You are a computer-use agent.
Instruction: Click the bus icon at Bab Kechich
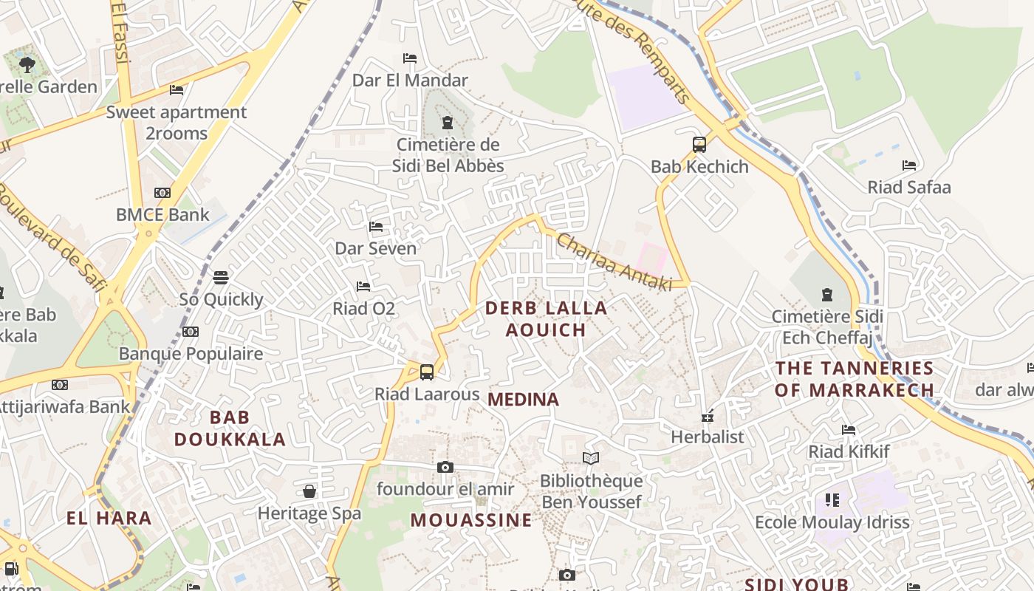[x=699, y=145]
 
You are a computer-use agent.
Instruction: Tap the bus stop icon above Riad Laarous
[x=426, y=372]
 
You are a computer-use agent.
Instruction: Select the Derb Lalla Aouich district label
[x=547, y=318]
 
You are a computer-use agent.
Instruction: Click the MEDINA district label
[x=524, y=400]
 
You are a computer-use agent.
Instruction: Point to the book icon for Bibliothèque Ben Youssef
[x=590, y=459]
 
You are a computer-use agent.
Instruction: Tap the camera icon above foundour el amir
[x=445, y=467]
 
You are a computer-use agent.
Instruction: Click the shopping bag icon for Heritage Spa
[x=309, y=491]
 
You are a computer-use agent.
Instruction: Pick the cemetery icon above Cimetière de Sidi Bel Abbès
[x=446, y=123]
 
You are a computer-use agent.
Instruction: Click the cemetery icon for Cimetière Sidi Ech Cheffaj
[x=827, y=295]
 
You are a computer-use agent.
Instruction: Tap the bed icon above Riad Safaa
[x=909, y=165]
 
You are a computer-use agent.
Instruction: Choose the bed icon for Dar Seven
[x=376, y=226]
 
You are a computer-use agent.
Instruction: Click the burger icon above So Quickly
[x=221, y=278]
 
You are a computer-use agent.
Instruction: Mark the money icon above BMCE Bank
[x=162, y=193]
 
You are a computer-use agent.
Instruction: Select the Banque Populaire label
[x=191, y=354]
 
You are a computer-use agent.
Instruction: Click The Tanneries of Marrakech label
[x=855, y=379]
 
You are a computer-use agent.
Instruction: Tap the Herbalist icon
[x=708, y=416]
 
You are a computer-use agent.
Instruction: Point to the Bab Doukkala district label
[x=230, y=428]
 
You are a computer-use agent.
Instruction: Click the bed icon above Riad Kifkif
[x=849, y=430]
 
